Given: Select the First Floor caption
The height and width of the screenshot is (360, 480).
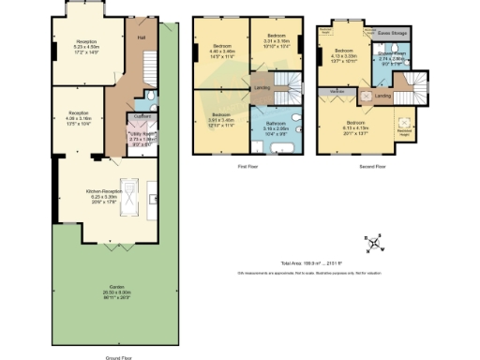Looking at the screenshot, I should click(248, 168).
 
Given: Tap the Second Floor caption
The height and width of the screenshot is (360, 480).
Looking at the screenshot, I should click(372, 168).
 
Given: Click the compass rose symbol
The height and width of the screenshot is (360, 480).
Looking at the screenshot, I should click(375, 246).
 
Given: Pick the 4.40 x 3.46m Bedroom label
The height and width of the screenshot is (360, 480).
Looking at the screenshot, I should click(221, 46).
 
